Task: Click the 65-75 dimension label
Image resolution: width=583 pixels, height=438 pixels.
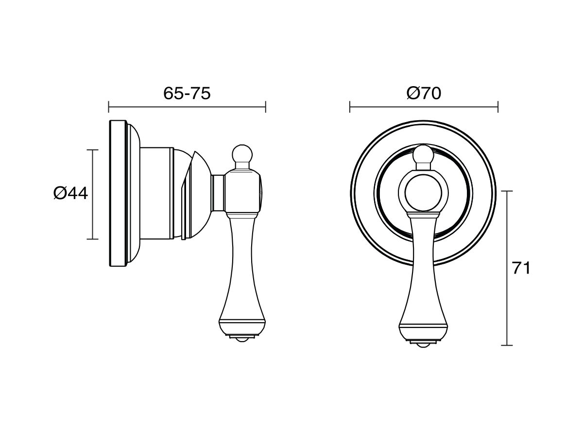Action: [x=187, y=93]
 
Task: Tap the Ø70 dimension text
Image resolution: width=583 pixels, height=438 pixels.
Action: [x=424, y=93]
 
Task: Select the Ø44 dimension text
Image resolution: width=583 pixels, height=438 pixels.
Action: [x=70, y=193]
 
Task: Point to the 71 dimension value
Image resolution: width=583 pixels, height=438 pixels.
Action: [x=521, y=268]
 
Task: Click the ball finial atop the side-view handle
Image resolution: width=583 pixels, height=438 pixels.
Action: [x=241, y=154]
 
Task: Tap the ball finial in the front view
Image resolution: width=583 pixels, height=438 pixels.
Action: [x=423, y=154]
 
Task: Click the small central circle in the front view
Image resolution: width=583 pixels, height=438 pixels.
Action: [x=423, y=193]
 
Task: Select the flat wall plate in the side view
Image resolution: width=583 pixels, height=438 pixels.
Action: [x=118, y=193]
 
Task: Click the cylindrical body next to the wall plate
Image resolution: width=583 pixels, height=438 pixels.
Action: [x=157, y=193]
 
